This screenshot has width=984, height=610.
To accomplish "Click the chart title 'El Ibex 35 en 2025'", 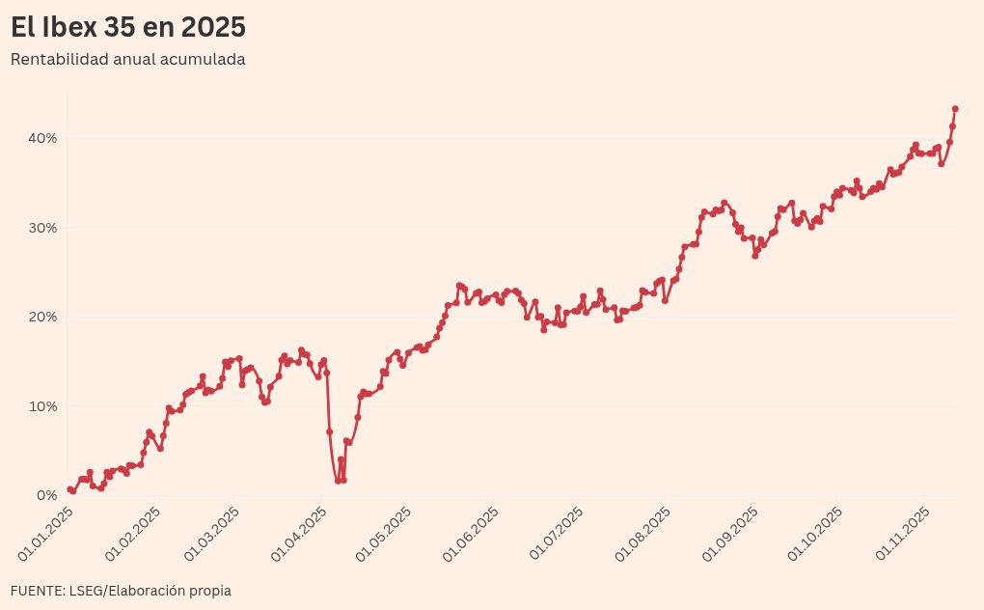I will coord(127,26).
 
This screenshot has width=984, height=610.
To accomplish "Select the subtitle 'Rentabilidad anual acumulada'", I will coord(127,60).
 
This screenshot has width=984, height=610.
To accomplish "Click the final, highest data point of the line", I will coord(955,109).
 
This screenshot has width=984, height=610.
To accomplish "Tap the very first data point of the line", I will coord(69,489).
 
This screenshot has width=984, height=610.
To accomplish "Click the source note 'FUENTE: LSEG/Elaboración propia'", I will coord(121,591).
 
